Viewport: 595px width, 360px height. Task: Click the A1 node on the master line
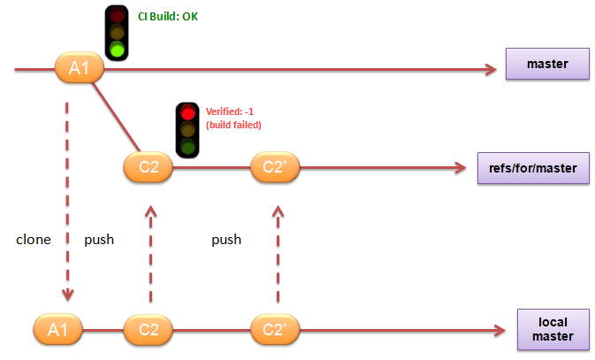(x=80, y=68)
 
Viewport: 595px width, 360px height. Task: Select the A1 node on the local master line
(x=57, y=332)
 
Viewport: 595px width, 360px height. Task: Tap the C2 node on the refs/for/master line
(x=149, y=166)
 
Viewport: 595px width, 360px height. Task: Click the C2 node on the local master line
(x=149, y=332)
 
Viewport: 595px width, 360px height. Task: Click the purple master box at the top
(x=545, y=65)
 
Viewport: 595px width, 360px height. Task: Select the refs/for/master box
(x=534, y=168)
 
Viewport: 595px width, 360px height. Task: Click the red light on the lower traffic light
(x=187, y=113)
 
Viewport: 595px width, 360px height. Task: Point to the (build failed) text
(x=233, y=125)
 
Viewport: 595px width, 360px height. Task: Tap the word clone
(x=34, y=240)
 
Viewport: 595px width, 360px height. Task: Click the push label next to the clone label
(x=98, y=240)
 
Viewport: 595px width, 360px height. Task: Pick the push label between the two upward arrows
(x=226, y=240)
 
